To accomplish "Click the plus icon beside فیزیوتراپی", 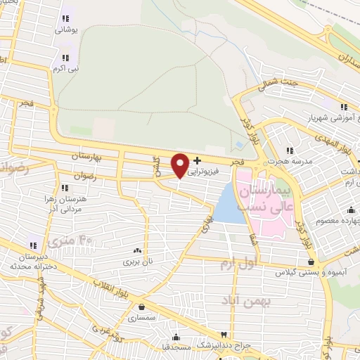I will click(x=197, y=160).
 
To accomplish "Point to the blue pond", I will click(x=226, y=205).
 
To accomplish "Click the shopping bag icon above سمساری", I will click(x=143, y=307).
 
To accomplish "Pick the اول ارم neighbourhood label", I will click(x=235, y=264).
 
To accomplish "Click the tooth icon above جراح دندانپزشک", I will click(x=224, y=335).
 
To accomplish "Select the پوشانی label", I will click(x=69, y=30).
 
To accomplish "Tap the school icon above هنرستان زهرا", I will click(x=64, y=188).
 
